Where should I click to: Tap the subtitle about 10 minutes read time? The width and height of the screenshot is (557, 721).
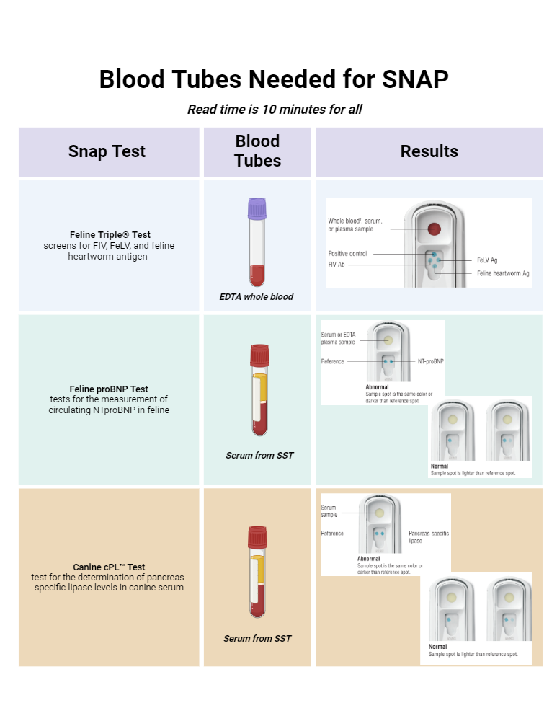pyautogui.click(x=275, y=110)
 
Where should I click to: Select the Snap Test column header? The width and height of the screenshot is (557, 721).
pyautogui.click(x=107, y=151)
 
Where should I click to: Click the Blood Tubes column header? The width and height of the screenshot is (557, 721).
pyautogui.click(x=257, y=151)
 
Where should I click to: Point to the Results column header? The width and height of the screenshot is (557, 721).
pyautogui.click(x=429, y=151)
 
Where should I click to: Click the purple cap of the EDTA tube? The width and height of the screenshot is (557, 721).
pyautogui.click(x=257, y=208)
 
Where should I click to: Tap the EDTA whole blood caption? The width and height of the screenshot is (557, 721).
pyautogui.click(x=257, y=296)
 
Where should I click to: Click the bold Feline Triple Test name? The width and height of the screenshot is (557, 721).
pyautogui.click(x=110, y=235)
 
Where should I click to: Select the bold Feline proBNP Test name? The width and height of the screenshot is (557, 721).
pyautogui.click(x=110, y=389)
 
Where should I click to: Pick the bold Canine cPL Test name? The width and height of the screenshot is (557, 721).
pyautogui.click(x=109, y=567)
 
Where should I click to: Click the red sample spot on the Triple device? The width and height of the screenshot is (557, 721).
pyautogui.click(x=434, y=229)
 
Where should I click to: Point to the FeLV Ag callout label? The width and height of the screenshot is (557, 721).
pyautogui.click(x=487, y=260)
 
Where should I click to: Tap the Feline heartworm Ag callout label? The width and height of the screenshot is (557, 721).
pyautogui.click(x=503, y=273)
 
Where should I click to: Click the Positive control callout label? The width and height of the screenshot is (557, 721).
pyautogui.click(x=347, y=254)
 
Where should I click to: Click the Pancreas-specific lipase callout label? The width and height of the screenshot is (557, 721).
pyautogui.click(x=428, y=537)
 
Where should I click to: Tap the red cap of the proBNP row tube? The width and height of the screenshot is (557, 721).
pyautogui.click(x=259, y=355)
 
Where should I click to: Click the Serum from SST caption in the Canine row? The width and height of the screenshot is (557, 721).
pyautogui.click(x=257, y=638)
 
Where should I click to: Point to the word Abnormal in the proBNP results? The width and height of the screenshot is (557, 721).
pyautogui.click(x=377, y=387)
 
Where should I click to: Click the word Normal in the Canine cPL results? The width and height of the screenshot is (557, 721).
pyautogui.click(x=438, y=647)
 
